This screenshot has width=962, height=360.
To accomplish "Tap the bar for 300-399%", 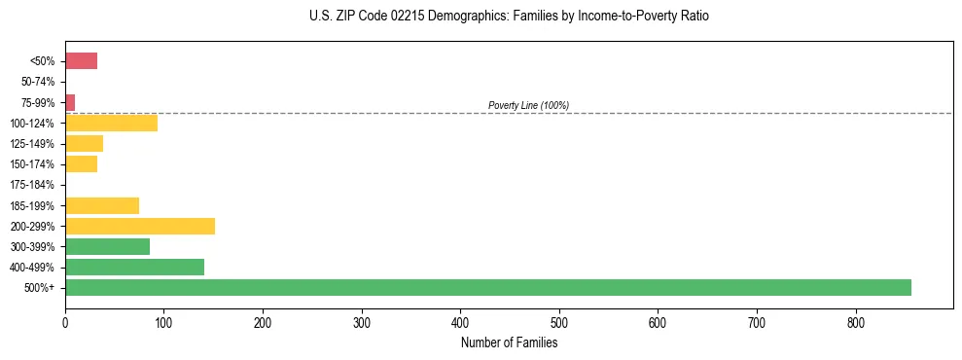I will [x=107, y=246].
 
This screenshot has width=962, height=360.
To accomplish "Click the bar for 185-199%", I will [x=102, y=205].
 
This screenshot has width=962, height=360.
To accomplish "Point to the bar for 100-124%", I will [x=111, y=123].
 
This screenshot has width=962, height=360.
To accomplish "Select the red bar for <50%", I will [x=81, y=61].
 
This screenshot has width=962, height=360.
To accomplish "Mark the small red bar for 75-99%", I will [x=70, y=102].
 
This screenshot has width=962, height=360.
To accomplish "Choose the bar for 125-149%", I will [x=84, y=144].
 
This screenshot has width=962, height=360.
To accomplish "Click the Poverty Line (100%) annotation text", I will [x=528, y=105].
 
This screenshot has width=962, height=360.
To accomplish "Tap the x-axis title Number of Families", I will [x=509, y=342].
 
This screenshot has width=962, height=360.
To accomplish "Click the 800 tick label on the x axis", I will [x=856, y=322].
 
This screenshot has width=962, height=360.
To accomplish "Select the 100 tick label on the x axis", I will [x=163, y=322].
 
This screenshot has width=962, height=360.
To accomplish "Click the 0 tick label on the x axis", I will [x=65, y=322].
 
